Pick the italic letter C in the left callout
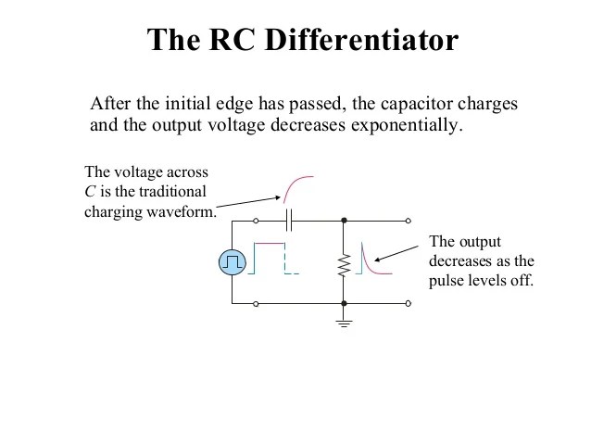point(89,192)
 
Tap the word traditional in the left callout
point(172,192)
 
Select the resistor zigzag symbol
point(344,264)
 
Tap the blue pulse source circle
point(232,263)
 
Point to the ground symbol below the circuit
point(344,322)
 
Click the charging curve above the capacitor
point(297,189)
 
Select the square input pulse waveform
point(269,259)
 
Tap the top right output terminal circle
point(408,222)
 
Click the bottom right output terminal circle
point(408,303)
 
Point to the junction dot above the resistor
point(344,222)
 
